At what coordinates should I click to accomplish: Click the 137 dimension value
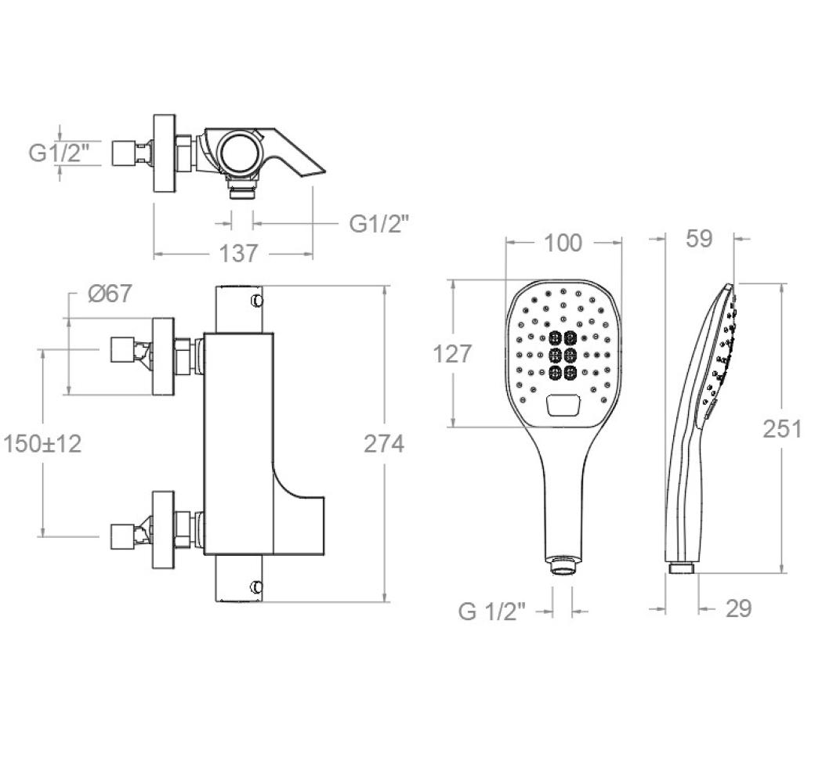[238, 254]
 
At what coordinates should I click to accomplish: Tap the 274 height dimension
[383, 444]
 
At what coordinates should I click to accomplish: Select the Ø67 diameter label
[110, 294]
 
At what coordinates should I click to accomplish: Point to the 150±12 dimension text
[42, 444]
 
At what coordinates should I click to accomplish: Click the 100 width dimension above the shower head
[563, 243]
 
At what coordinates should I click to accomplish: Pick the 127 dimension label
[452, 354]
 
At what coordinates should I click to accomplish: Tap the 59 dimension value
[698, 238]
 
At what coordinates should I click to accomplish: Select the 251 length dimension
[782, 429]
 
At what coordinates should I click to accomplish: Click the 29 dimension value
[738, 608]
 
